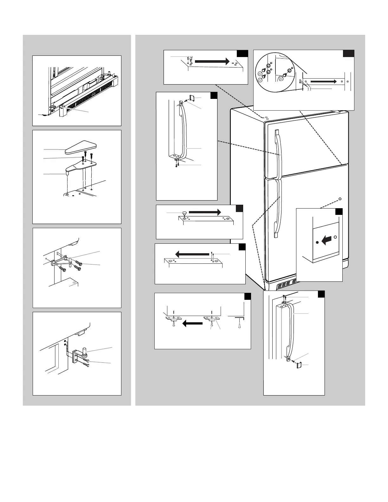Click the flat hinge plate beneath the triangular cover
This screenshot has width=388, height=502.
[x=81, y=165]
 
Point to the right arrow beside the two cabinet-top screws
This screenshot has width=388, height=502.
[x=211, y=62]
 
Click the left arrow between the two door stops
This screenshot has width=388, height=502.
[x=192, y=324]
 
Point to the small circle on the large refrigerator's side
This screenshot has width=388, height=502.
[x=340, y=199]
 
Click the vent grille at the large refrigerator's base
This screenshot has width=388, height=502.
[x=287, y=286]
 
